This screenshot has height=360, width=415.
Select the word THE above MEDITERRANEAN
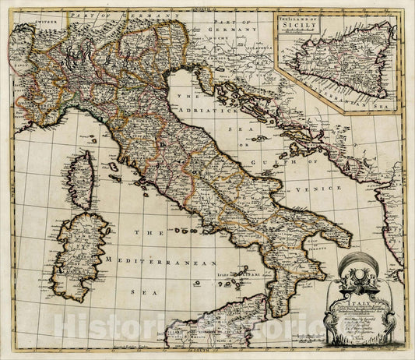[147, 232]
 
